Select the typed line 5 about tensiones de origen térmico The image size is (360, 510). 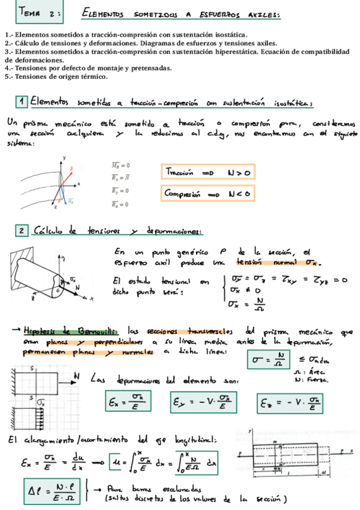pyautogui.click(x=56, y=76)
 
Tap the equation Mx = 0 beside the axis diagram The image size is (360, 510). pyautogui.click(x=121, y=165)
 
